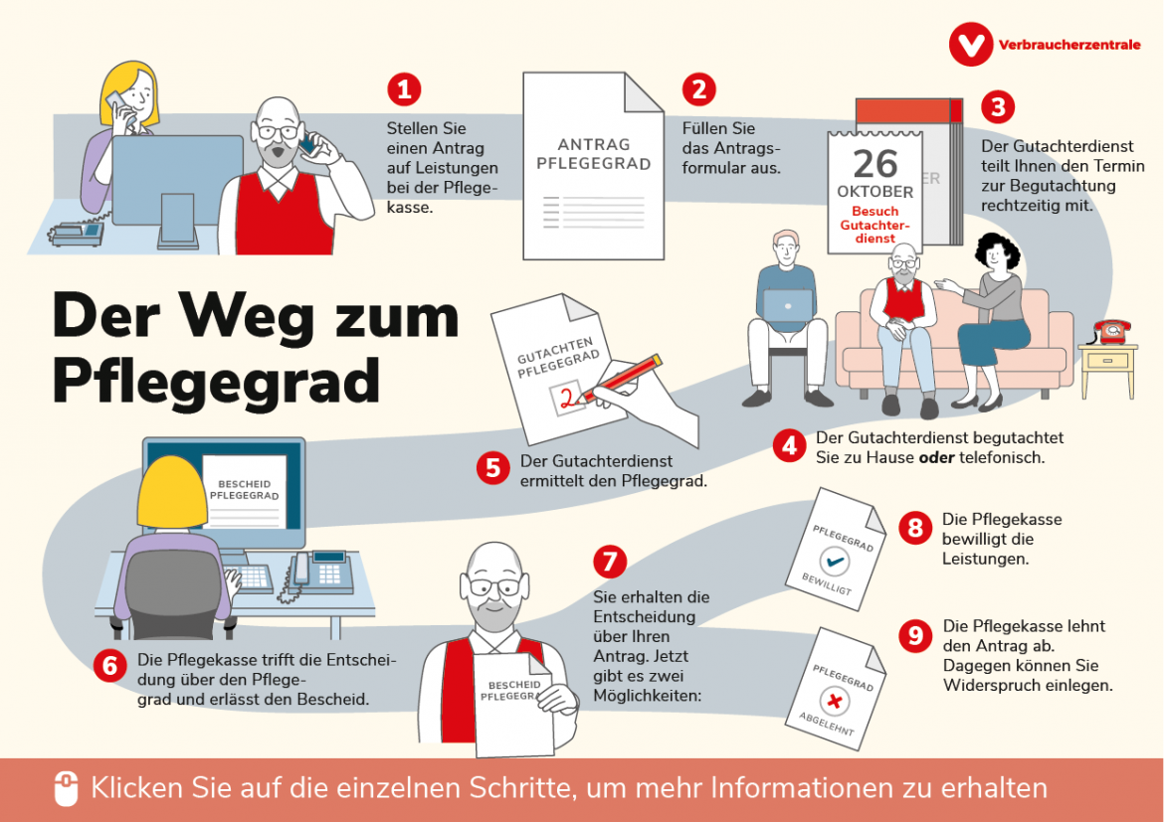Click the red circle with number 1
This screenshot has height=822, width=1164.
tap(404, 89)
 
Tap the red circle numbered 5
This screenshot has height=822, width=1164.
tap(492, 468)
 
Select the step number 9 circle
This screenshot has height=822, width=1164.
tap(914, 635)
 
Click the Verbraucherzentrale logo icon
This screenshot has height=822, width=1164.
tap(970, 45)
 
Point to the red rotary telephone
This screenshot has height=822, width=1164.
tap(1111, 331)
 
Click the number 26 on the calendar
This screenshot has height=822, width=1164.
tap(874, 162)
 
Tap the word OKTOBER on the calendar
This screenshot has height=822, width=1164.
tap(874, 191)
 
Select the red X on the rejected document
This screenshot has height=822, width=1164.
tap(836, 702)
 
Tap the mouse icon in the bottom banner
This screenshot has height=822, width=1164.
tap(66, 789)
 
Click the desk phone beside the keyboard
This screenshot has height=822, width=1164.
tap(320, 571)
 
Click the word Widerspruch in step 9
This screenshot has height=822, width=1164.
tap(989, 685)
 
